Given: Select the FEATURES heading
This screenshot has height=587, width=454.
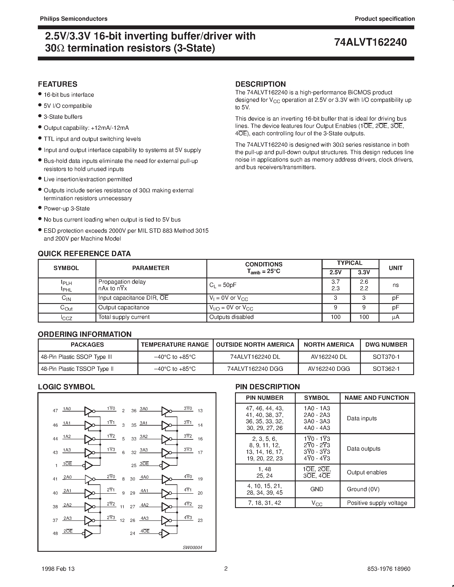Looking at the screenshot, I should tap(57, 84).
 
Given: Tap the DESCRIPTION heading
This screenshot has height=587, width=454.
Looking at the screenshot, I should tap(260, 84).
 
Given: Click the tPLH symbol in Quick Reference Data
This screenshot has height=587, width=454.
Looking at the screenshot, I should tap(66, 282).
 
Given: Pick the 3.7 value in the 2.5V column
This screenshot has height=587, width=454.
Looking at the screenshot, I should tap(335, 282).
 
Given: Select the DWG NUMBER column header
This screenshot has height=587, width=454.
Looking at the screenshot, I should tap(386, 345).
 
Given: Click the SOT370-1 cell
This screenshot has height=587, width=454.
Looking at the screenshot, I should tap(386, 357).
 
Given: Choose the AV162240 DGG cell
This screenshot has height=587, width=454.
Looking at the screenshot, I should tap(329, 369).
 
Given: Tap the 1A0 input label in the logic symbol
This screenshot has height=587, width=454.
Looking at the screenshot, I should tap(67, 409).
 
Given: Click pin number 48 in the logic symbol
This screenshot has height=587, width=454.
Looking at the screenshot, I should tap(55, 533).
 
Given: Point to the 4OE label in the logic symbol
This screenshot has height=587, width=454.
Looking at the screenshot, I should tap(145, 531).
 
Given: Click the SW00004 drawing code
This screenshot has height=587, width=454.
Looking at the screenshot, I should tap(192, 548).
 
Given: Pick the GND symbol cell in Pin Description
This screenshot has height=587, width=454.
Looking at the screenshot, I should tap(317, 489).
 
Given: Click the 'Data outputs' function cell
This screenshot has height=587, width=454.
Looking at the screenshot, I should tap(363, 449).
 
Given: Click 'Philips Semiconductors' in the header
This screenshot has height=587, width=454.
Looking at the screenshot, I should tap(74, 19).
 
